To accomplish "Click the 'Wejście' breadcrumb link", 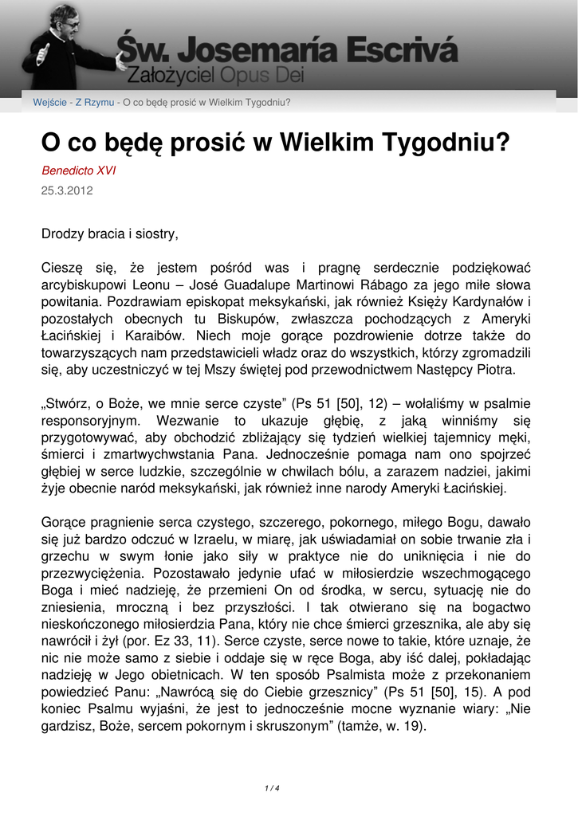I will (x=49, y=103).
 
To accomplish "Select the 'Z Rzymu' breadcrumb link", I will (x=95, y=103).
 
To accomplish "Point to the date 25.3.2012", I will (x=67, y=190).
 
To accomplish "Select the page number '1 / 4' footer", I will (x=272, y=788).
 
